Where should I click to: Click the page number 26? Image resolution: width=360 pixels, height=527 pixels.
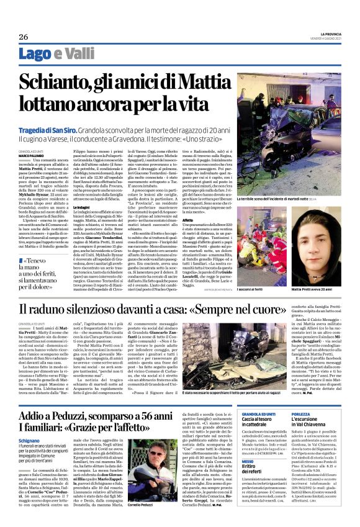[x=23, y=37]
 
